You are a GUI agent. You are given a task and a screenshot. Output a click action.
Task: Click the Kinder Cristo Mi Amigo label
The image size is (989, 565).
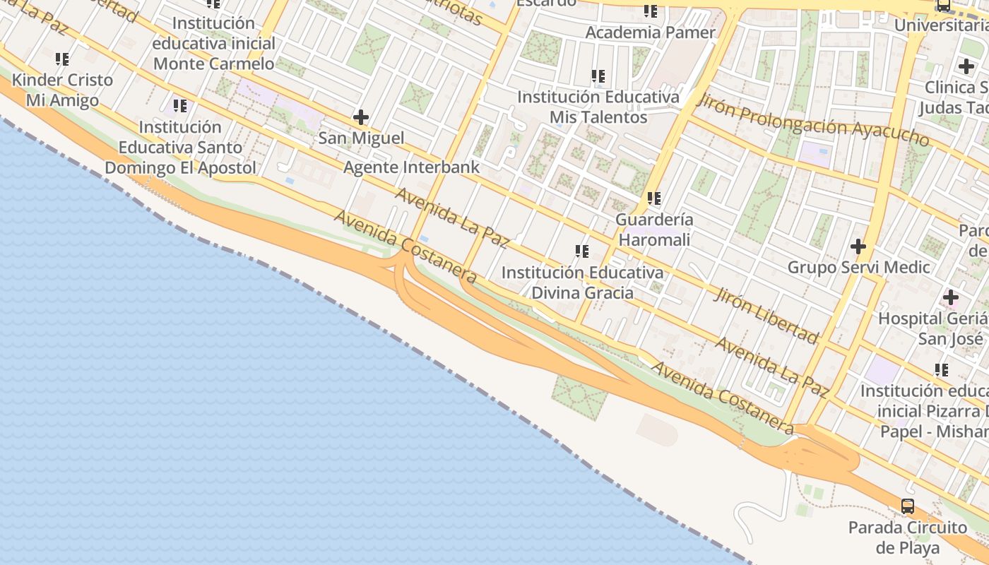pyautogui.click(x=62, y=90)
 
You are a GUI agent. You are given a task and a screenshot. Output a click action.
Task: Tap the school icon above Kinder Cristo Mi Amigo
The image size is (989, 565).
pyautogui.click(x=62, y=59)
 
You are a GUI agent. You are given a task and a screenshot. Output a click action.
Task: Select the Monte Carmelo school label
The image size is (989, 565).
pyautogui.click(x=213, y=43)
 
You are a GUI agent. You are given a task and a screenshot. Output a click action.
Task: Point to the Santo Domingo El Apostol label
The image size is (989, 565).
pyautogui.click(x=180, y=148)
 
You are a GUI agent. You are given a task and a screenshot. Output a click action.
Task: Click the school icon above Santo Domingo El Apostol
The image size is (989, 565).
pyautogui.click(x=180, y=106)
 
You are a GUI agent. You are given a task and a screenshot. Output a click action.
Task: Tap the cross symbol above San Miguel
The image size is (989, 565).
pyautogui.click(x=361, y=117)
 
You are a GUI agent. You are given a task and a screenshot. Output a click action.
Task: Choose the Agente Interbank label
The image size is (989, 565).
pyautogui.click(x=411, y=167)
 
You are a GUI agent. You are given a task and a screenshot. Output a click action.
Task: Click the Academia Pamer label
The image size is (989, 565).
pyautogui.click(x=650, y=32)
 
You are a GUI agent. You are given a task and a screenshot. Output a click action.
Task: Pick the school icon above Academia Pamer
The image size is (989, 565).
pyautogui.click(x=651, y=11)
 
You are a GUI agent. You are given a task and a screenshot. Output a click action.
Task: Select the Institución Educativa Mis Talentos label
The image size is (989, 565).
pyautogui.click(x=598, y=107)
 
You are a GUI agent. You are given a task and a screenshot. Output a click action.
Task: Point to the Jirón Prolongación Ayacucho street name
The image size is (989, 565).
pyautogui.click(x=812, y=119)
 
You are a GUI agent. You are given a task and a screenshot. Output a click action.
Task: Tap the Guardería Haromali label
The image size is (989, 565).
pyautogui.click(x=654, y=230)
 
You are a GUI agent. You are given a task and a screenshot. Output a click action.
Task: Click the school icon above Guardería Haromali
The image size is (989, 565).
pyautogui.click(x=654, y=198)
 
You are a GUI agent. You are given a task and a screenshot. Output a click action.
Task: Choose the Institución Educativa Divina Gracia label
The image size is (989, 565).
pyautogui.click(x=582, y=282)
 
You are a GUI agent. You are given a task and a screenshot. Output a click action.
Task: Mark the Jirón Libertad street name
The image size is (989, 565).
pyautogui.click(x=766, y=315)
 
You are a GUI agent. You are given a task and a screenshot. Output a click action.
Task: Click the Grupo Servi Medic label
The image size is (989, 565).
pyautogui.click(x=858, y=268)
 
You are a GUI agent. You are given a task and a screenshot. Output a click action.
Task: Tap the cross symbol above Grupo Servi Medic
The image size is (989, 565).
pyautogui.click(x=858, y=246)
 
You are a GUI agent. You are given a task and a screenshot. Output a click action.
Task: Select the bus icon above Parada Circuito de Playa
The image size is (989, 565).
pyautogui.click(x=908, y=506)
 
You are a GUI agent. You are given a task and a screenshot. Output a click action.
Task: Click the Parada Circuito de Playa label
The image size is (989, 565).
pyautogui.click(x=908, y=537)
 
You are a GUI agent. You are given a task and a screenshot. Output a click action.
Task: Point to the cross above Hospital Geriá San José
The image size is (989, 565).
pyautogui.click(x=951, y=297)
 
